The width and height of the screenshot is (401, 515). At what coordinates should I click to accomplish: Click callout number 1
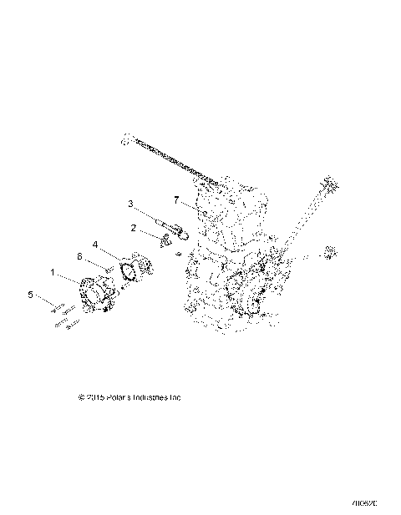53,272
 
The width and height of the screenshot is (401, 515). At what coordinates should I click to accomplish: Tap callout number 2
133,227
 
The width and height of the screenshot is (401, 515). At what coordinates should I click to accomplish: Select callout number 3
131,203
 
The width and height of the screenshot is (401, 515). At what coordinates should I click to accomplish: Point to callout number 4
96,245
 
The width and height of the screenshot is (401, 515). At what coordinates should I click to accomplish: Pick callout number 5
31,295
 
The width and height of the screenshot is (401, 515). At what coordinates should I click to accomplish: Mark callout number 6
80,256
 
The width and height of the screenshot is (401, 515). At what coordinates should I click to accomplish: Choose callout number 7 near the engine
176,200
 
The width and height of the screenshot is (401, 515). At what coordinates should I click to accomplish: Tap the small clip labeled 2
167,241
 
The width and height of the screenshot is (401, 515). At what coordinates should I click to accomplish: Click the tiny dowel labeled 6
109,268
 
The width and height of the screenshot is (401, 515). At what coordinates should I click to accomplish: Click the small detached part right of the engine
329,251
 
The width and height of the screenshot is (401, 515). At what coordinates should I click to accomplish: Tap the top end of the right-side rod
327,183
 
